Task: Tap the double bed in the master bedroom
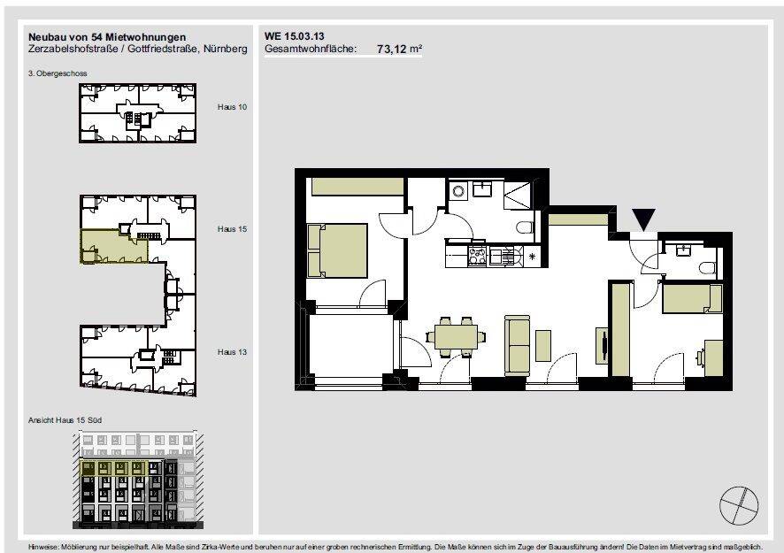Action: click(x=337, y=250)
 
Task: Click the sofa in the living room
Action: click(x=517, y=344)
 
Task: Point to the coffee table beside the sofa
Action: click(x=543, y=344)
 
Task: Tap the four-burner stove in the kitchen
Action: click(x=478, y=256)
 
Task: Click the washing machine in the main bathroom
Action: click(x=459, y=190)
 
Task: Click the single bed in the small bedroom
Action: click(x=693, y=298)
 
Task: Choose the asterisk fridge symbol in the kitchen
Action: click(x=532, y=256)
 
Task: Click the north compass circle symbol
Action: click(x=739, y=505)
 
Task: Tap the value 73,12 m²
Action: click(x=399, y=50)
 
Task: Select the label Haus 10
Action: click(x=232, y=106)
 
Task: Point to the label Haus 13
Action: click(x=232, y=351)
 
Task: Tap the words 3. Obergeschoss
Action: click(x=57, y=73)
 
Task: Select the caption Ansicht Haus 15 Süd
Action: click(x=67, y=420)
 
